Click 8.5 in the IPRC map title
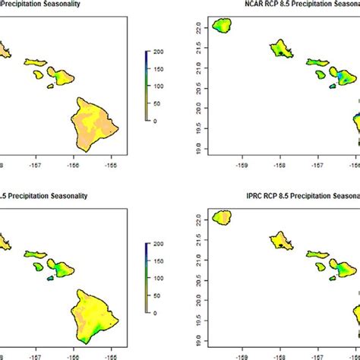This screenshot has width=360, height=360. click(271, 195)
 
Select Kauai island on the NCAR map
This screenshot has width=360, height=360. click(222, 27)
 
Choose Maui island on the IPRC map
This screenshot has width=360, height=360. click(346, 267)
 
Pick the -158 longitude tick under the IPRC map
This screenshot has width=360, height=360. click(279, 353)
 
